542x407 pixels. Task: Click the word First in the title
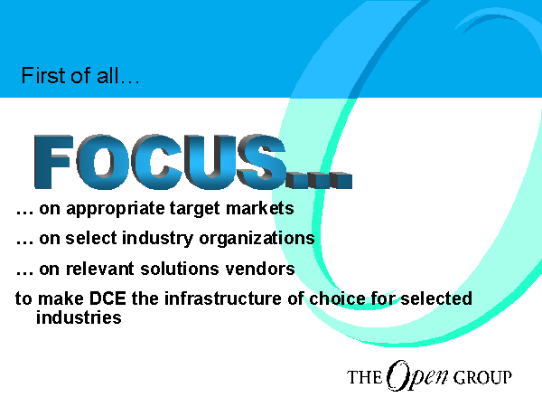pyautogui.click(x=43, y=75)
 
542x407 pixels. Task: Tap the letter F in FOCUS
pyautogui.click(x=53, y=162)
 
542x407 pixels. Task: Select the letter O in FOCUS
pyautogui.click(x=103, y=162)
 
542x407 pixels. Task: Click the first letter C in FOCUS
pyautogui.click(x=156, y=162)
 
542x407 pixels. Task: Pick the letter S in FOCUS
pyautogui.click(x=262, y=162)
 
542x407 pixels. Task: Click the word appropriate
pyautogui.click(x=116, y=210)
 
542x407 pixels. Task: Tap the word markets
pyautogui.click(x=259, y=208)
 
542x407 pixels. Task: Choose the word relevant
pyautogui.click(x=99, y=269)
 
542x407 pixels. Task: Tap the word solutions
pyautogui.click(x=180, y=269)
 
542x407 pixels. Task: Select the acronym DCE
pyautogui.click(x=107, y=298)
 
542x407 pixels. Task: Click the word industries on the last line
pyautogui.click(x=79, y=317)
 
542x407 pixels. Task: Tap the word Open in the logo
pyautogui.click(x=417, y=376)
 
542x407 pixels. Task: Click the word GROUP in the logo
pyautogui.click(x=482, y=377)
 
